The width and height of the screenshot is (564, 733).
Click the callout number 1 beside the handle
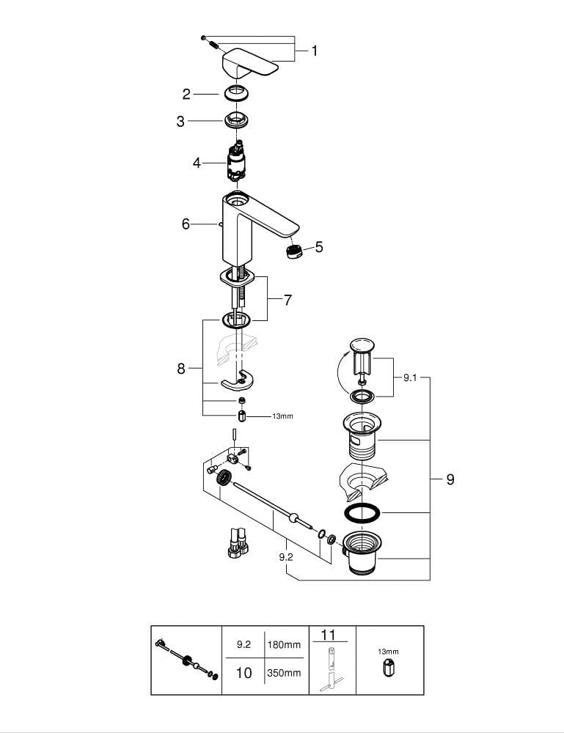click(314, 51)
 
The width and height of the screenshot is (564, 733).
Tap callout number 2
click(186, 94)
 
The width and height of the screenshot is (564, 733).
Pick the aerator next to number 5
click(293, 251)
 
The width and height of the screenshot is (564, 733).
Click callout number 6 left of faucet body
click(186, 224)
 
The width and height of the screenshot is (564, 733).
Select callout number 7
click(288, 300)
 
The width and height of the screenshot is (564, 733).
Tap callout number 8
click(181, 369)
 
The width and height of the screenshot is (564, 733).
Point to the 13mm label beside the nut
click(282, 416)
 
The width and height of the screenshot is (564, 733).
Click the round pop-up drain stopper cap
click(362, 345)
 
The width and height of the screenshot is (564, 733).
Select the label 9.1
click(410, 378)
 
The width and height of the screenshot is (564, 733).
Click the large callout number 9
click(450, 479)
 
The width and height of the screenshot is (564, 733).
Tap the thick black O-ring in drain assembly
click(362, 512)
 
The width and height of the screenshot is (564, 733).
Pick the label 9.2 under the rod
click(286, 557)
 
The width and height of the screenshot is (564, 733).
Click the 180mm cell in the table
click(283, 645)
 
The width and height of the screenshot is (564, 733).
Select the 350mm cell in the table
click(283, 673)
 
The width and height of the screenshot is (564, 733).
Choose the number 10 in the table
click(243, 672)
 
